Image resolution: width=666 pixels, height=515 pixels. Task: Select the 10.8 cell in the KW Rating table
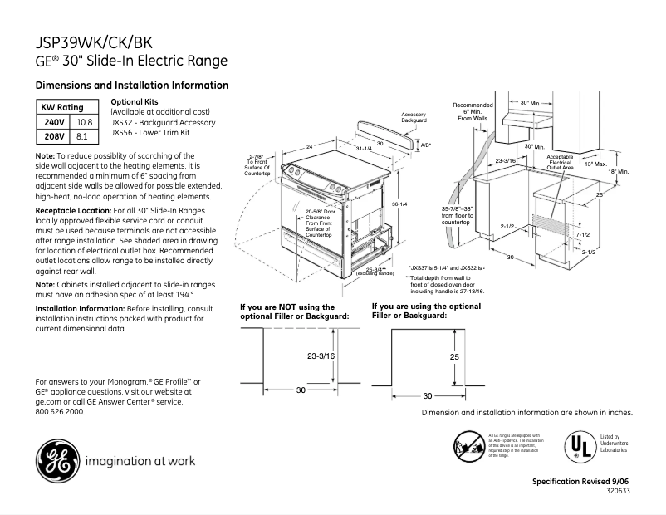84,122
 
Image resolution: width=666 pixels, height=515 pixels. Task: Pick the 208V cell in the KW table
52,135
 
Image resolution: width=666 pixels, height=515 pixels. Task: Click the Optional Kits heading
134,101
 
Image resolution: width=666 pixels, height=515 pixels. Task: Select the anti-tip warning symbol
468,444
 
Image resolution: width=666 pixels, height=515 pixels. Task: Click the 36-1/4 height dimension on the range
399,204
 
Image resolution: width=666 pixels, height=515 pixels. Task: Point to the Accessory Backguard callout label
414,117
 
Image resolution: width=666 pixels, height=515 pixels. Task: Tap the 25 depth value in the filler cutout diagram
454,356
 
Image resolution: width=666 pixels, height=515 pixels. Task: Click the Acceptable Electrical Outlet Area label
560,162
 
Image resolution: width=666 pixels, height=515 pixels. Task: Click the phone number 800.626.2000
60,411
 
